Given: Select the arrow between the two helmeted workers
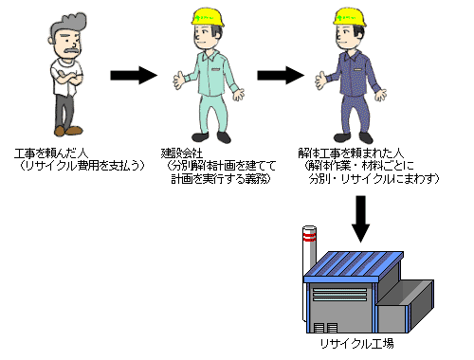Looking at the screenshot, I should tap(279, 75).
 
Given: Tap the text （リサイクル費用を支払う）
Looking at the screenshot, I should tap(84, 167).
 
